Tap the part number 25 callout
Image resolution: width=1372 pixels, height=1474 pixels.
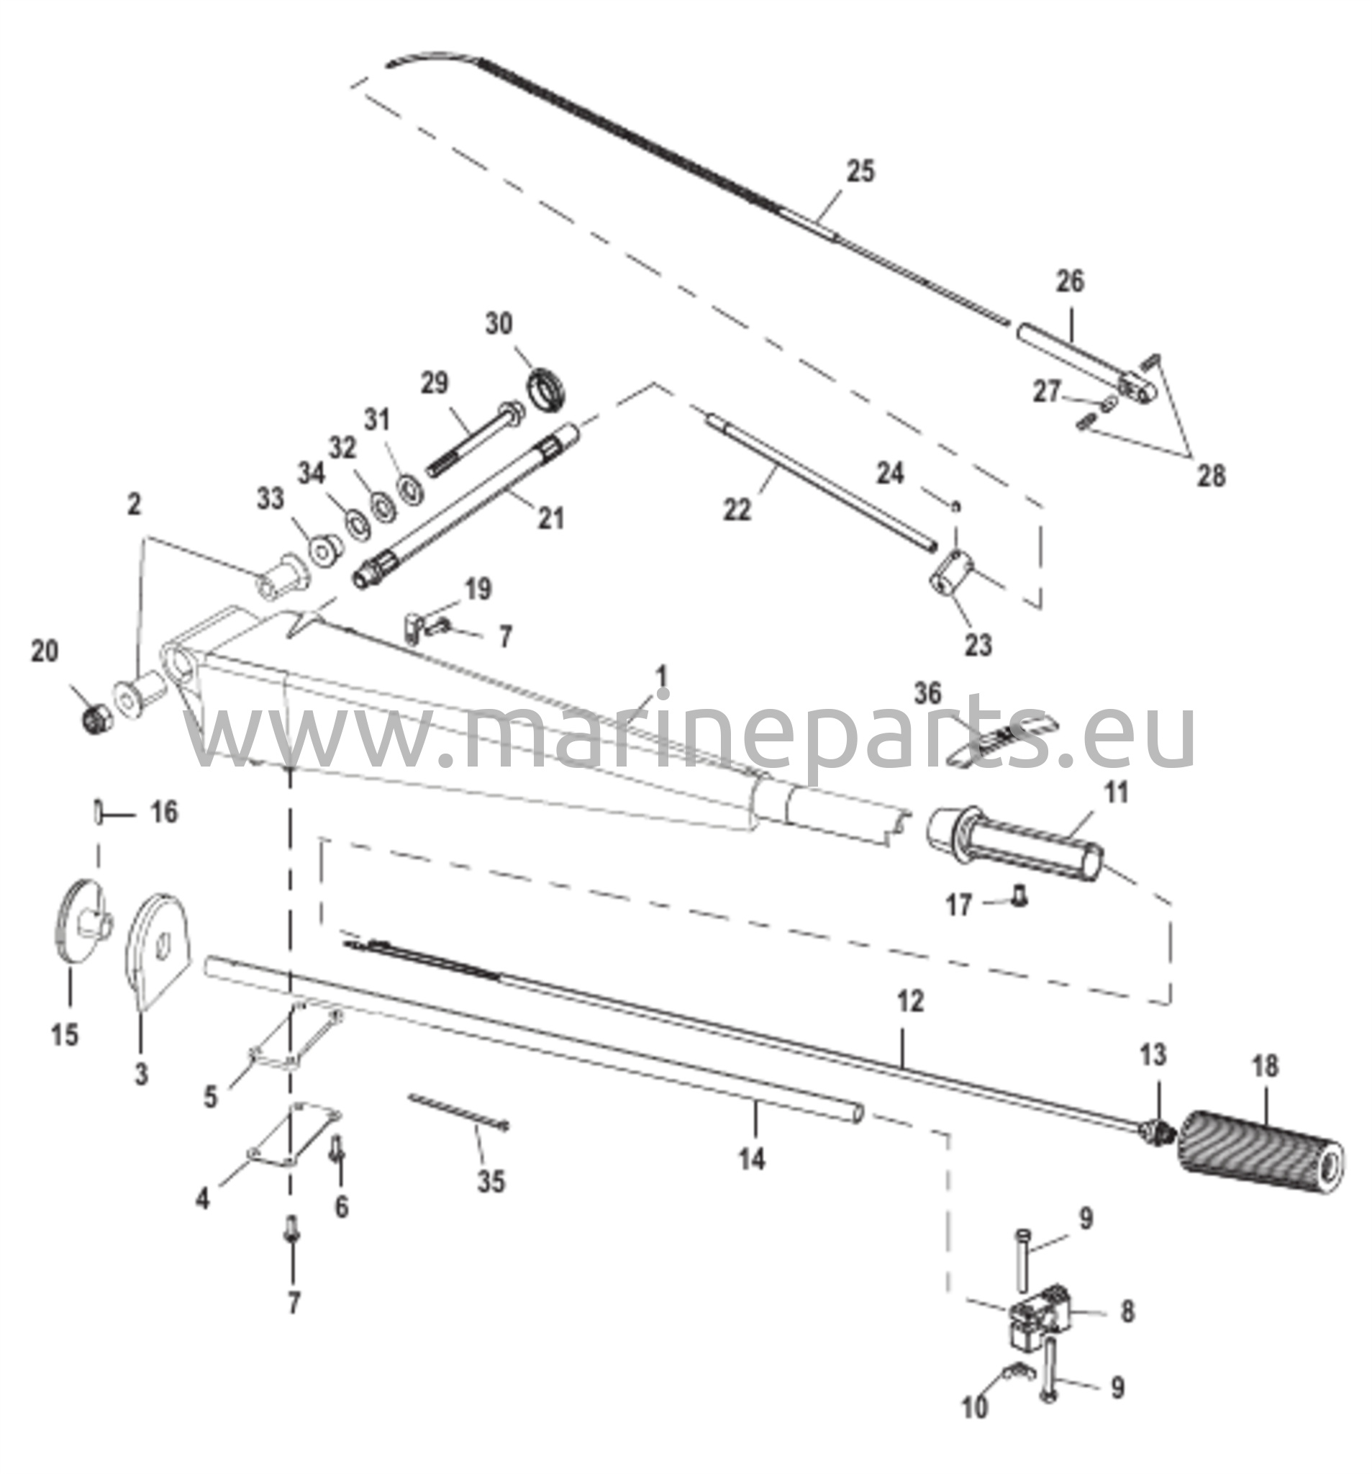pyautogui.click(x=860, y=171)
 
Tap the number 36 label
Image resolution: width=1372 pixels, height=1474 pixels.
pyautogui.click(x=927, y=694)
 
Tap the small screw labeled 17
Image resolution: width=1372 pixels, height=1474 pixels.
pyautogui.click(x=1020, y=900)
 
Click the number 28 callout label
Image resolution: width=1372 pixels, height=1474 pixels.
pyautogui.click(x=1211, y=474)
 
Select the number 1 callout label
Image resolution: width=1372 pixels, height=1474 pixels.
pyautogui.click(x=662, y=678)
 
